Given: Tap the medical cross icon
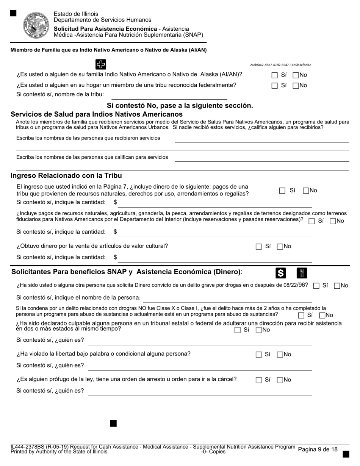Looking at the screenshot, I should (x=100, y=64).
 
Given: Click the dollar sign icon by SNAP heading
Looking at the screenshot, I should (x=281, y=273).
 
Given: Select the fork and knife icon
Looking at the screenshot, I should (x=302, y=273).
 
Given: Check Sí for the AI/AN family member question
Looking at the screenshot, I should (x=275, y=75).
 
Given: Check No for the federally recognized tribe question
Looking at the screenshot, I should (x=296, y=86).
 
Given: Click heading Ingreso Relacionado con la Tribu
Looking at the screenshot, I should (x=66, y=175).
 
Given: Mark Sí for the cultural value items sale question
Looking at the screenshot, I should (x=259, y=247).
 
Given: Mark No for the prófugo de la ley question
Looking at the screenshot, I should (x=280, y=380).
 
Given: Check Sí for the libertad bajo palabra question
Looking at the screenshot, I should (x=259, y=355).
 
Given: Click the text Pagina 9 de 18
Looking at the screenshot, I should (x=318, y=449).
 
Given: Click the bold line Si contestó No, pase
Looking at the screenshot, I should (x=180, y=105).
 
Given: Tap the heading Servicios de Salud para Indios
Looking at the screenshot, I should (x=97, y=114).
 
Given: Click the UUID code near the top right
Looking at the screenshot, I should (x=280, y=65).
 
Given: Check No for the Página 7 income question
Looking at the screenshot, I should (x=306, y=191).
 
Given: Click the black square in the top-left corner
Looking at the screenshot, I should (x=13, y=13).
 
